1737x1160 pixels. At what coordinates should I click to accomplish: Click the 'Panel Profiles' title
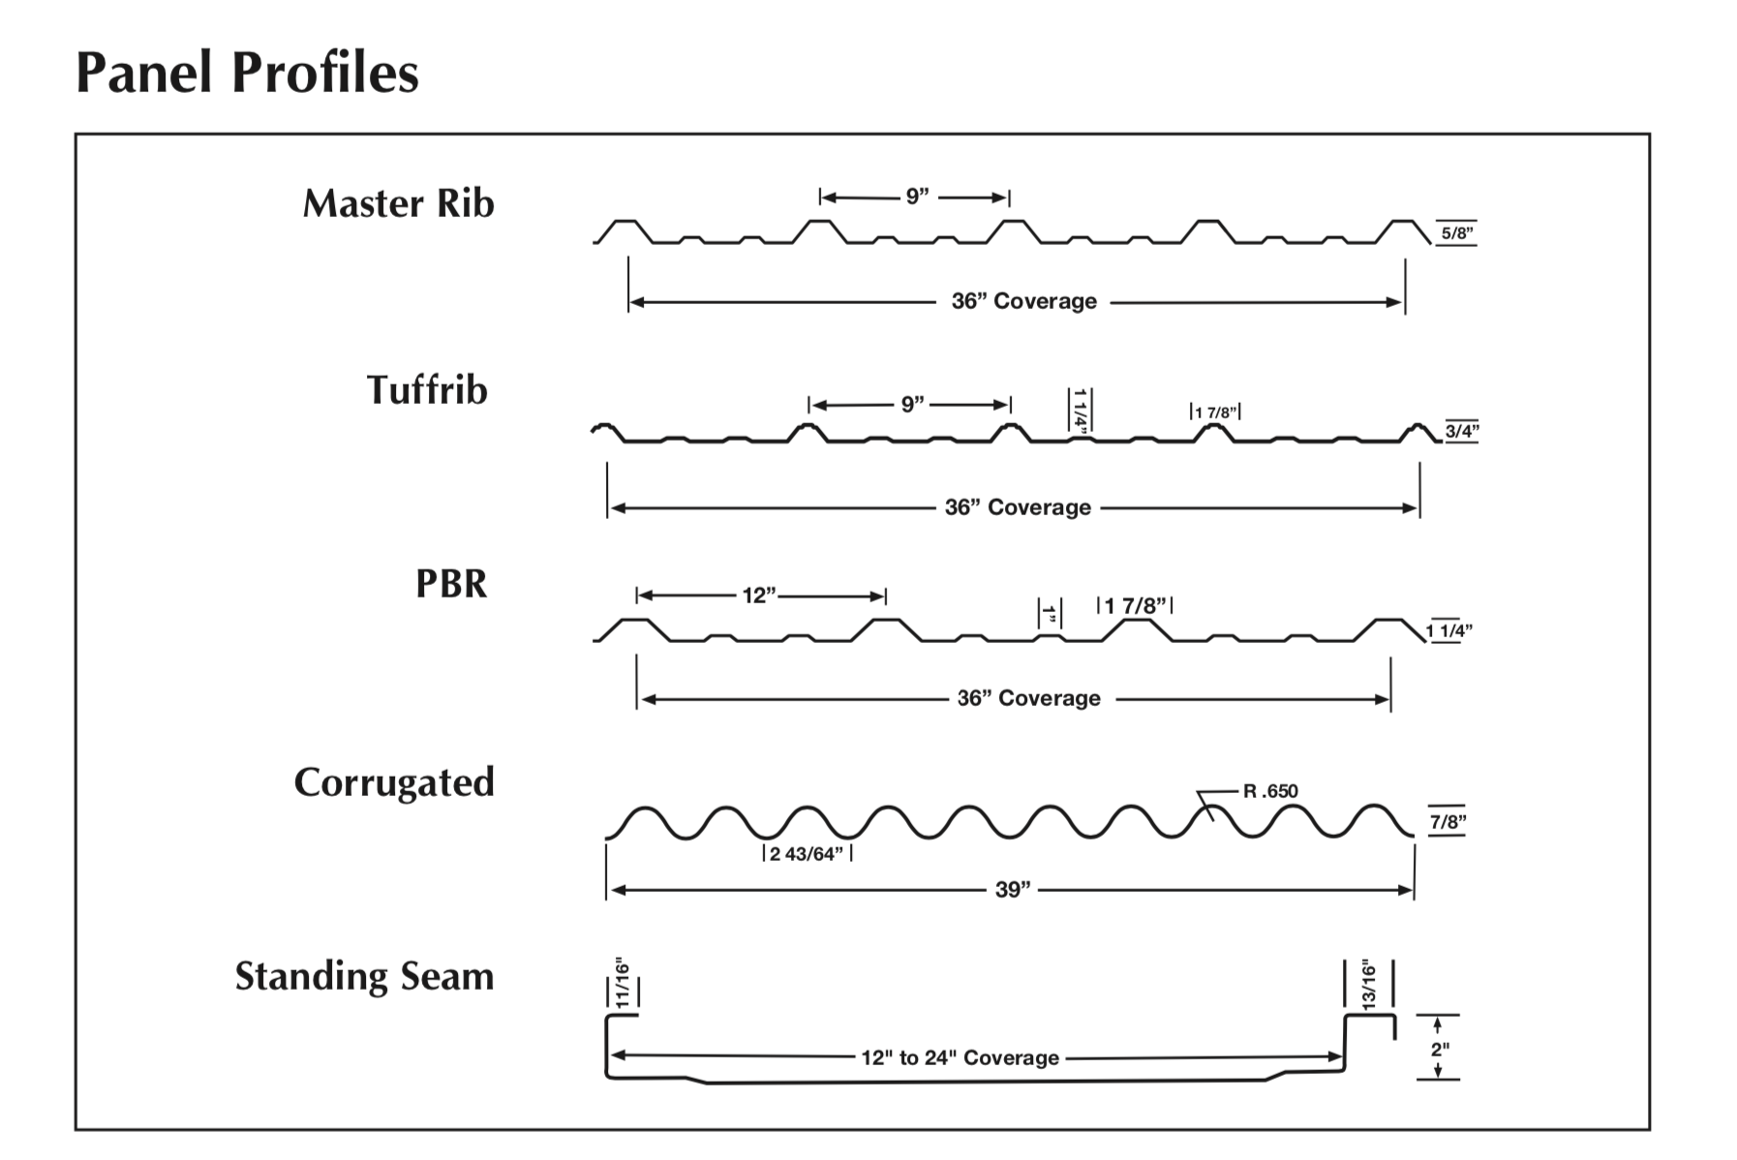click(247, 74)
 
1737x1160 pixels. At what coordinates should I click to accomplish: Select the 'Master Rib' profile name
click(398, 203)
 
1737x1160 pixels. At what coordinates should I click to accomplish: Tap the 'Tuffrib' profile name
click(427, 390)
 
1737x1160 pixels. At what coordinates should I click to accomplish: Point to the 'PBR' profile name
click(451, 584)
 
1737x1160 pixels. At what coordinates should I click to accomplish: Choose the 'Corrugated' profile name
click(394, 782)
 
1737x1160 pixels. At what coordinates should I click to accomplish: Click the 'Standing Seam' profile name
click(364, 976)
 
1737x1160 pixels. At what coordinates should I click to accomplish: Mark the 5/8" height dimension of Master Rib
click(1457, 233)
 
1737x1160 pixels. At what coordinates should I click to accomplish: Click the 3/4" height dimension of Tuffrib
click(1462, 431)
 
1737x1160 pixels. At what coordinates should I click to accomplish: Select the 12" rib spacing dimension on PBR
click(760, 595)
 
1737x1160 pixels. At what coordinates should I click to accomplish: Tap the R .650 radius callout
click(1270, 791)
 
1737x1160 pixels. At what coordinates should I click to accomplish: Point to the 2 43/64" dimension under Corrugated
click(807, 854)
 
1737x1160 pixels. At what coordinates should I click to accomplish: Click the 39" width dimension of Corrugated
click(1013, 890)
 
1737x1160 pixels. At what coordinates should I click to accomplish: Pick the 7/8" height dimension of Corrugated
click(1447, 822)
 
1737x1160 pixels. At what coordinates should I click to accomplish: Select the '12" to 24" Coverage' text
click(960, 1058)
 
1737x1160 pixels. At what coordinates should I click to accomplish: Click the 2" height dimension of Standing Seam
click(1440, 1049)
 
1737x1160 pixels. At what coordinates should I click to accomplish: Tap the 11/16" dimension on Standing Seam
click(623, 985)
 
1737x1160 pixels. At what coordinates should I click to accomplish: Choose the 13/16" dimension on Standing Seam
click(1369, 984)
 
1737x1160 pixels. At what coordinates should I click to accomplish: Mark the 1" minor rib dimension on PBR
click(1051, 614)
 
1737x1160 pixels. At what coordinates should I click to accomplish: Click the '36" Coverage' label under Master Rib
click(1024, 301)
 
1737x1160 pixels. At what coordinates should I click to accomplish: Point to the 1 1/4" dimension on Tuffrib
click(1081, 410)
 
